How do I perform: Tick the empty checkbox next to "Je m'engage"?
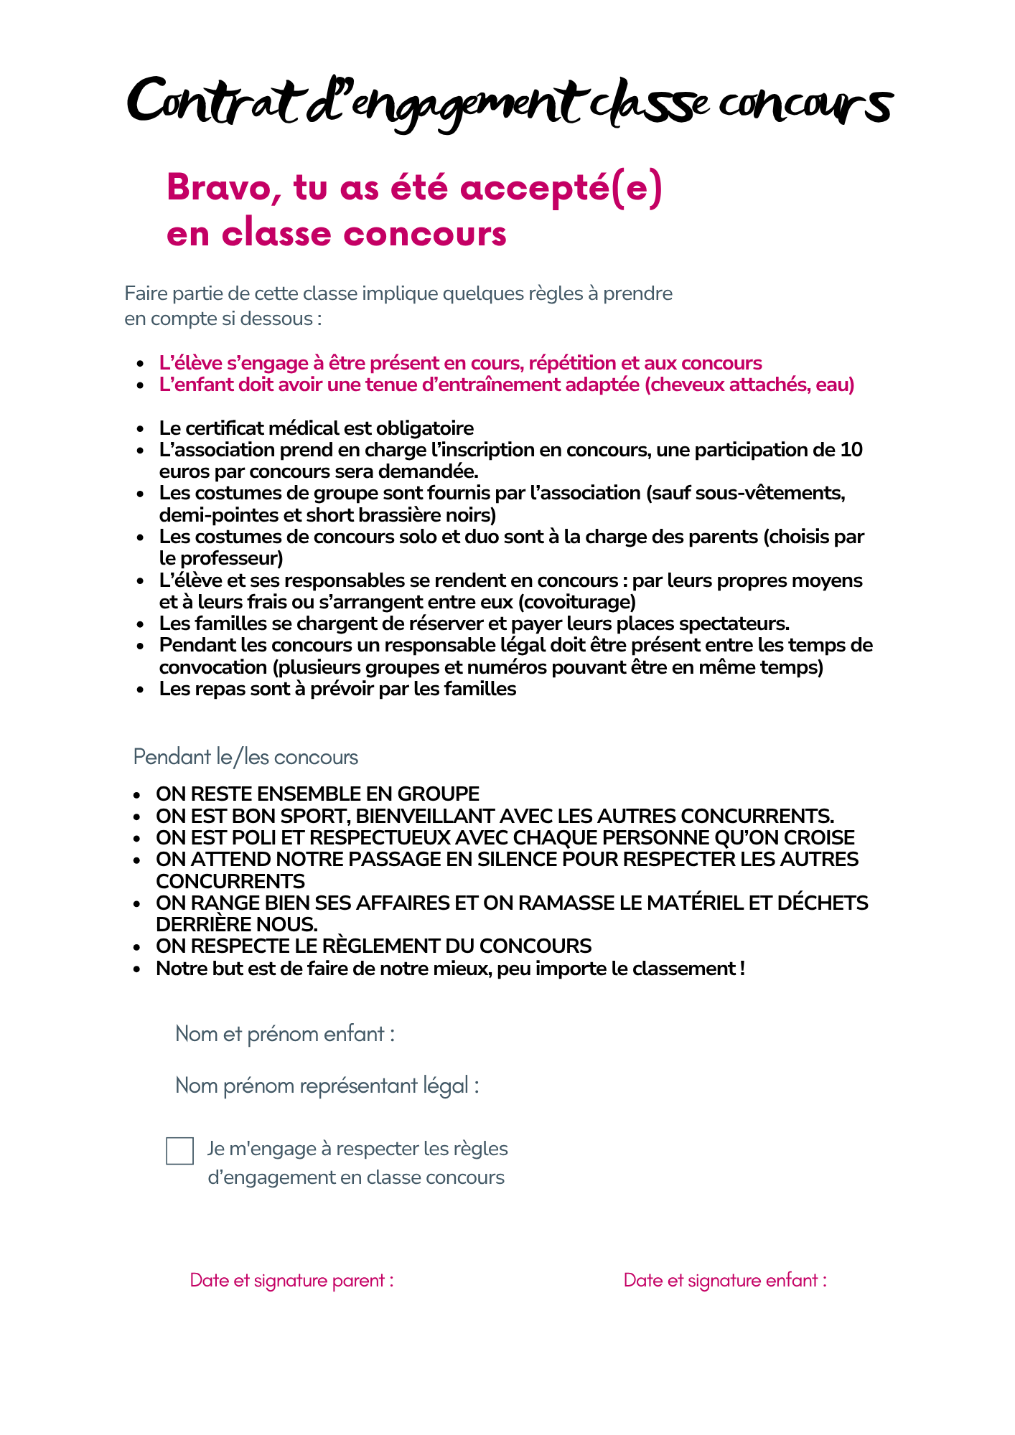tap(179, 1151)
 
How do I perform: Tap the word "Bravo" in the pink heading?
tap(217, 188)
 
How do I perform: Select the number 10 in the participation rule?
tap(851, 450)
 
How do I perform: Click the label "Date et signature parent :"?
tap(291, 1281)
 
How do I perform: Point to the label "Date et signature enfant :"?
tap(725, 1281)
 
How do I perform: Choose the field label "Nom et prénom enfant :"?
tap(285, 1034)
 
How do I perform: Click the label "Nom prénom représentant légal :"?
tap(327, 1086)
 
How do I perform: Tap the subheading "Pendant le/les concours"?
tap(245, 757)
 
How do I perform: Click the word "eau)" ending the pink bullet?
tap(835, 385)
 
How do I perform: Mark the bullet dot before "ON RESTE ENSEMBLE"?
tap(136, 795)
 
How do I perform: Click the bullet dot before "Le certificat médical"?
tap(141, 429)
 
